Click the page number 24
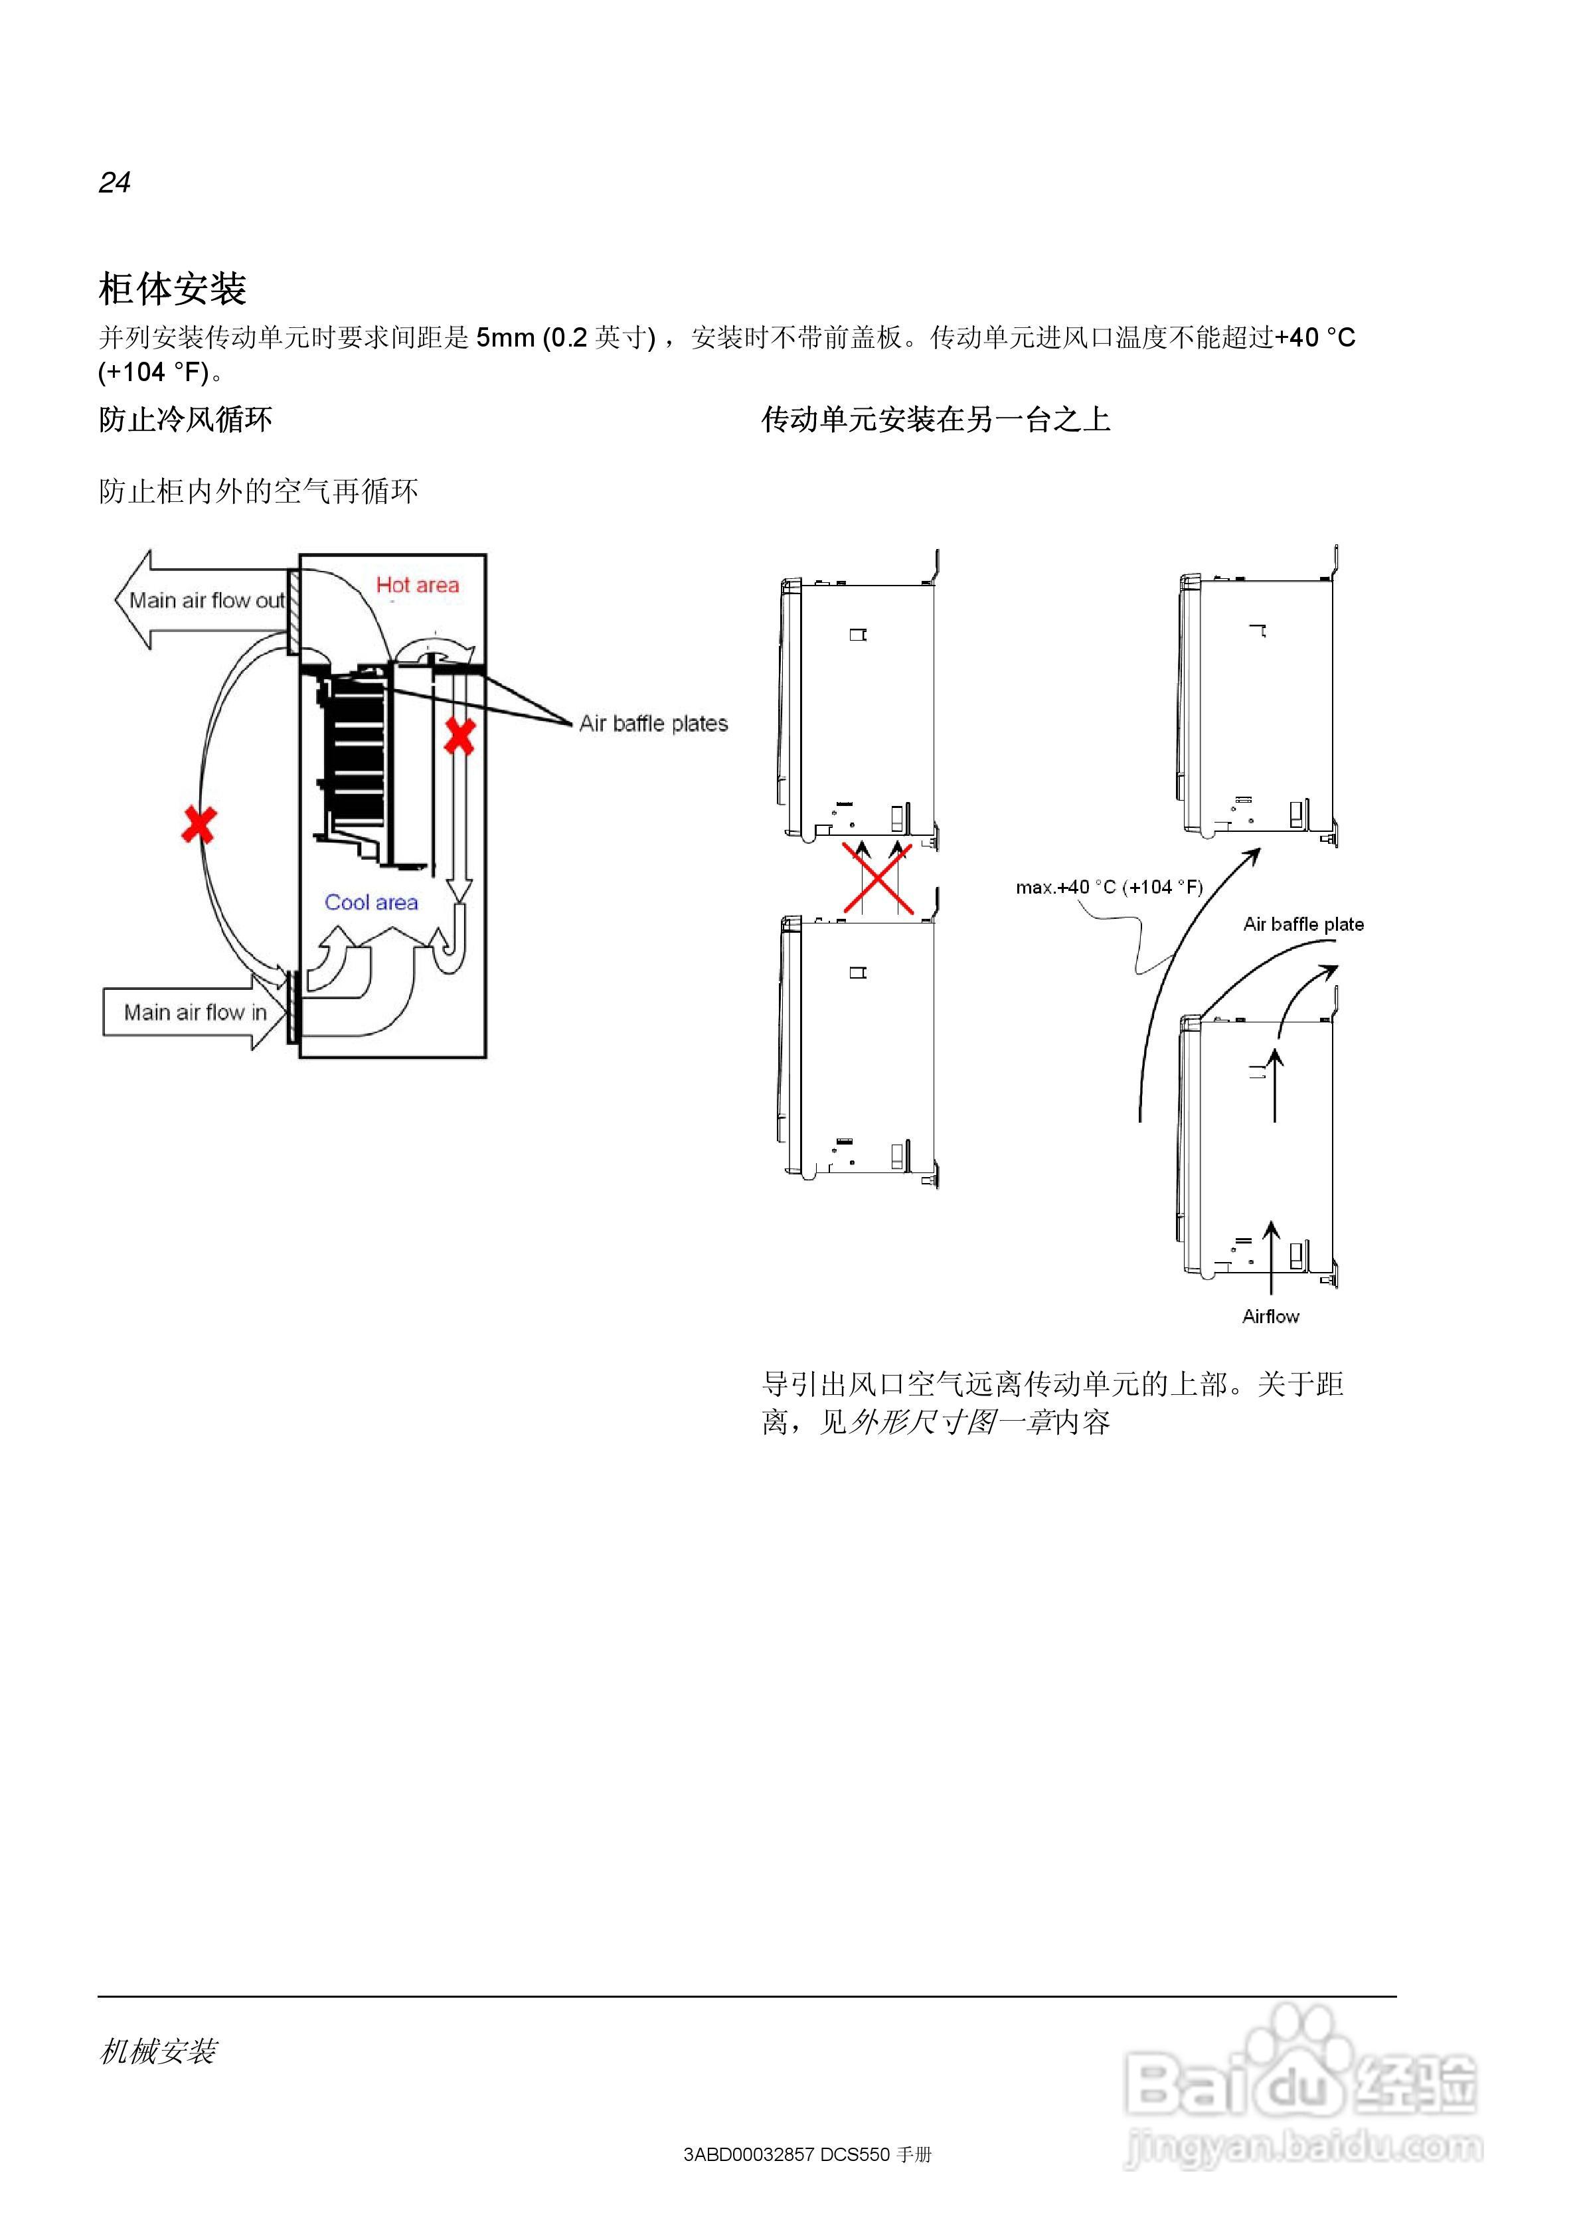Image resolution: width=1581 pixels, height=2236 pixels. point(114,182)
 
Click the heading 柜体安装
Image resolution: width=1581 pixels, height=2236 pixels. point(173,288)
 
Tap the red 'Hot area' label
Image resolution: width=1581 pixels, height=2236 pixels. point(417,586)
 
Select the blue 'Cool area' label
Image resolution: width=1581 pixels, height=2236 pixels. point(371,903)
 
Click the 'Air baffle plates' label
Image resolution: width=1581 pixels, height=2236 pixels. point(653,724)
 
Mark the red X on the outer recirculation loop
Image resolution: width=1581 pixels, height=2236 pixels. point(199,825)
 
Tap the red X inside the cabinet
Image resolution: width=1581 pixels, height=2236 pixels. point(459,737)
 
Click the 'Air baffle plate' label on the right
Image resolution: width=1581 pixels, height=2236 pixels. point(1302,924)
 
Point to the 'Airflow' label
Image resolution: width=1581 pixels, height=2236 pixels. point(1270,1317)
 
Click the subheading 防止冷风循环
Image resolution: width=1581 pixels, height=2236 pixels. point(185,420)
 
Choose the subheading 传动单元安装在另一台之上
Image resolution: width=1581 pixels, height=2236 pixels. point(935,420)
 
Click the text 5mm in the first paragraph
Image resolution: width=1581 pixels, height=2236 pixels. point(505,338)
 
